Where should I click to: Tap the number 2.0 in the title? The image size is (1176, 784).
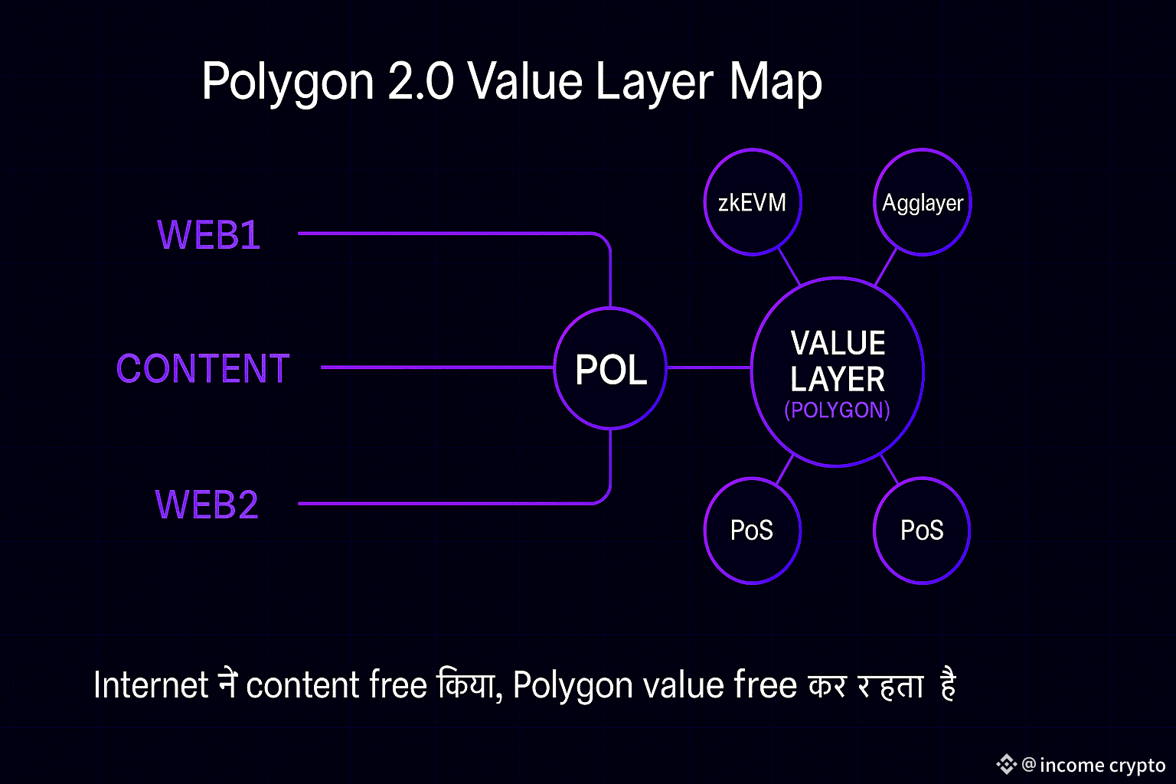[x=420, y=81]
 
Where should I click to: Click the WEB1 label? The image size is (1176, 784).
[x=208, y=235]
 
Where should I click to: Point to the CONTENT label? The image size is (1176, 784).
[x=203, y=369]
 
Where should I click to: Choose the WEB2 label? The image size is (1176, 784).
[x=207, y=505]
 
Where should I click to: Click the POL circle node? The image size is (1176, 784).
[x=610, y=368]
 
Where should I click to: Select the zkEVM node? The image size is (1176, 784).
[x=752, y=202]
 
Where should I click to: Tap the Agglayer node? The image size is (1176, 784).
[x=922, y=202]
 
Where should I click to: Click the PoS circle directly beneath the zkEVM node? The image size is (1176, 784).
[x=752, y=530]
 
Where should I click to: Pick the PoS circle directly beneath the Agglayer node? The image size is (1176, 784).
[x=922, y=530]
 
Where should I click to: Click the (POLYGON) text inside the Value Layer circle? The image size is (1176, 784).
[x=837, y=410]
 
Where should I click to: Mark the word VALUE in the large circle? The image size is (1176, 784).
[x=838, y=343]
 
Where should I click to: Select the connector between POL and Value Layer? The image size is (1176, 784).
[x=709, y=367]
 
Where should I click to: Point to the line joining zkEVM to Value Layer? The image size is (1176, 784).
[x=789, y=267]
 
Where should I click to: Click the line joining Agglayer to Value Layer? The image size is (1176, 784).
[x=885, y=267]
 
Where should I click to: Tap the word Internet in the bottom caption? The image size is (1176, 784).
[x=151, y=684]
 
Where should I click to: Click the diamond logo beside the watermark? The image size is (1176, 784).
[x=1006, y=763]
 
